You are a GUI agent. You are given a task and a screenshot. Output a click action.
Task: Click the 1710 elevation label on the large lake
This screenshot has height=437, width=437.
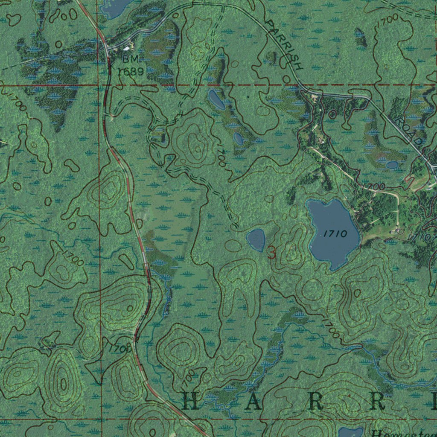point(335,233)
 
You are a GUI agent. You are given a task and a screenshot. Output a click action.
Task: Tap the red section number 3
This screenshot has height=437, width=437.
point(271,253)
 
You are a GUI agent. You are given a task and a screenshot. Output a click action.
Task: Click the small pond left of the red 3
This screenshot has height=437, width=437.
point(256,240)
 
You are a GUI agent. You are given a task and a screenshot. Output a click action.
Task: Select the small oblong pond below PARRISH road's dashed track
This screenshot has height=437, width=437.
point(216,100)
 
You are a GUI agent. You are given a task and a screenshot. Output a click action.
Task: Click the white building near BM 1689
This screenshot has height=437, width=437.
point(127,48)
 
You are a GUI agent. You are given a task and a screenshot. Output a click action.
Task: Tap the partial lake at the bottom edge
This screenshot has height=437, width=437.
point(351,432)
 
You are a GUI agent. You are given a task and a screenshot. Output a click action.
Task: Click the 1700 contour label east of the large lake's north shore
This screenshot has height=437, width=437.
point(373,186)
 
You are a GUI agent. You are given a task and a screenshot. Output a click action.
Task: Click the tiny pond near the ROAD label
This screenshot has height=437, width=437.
point(392,164)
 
